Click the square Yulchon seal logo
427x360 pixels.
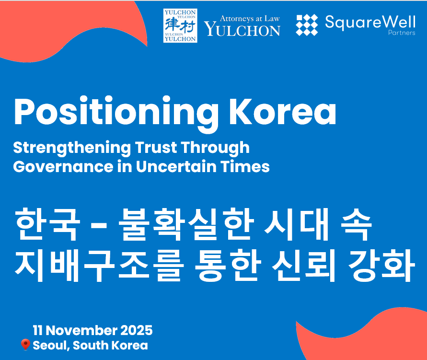tap(180, 25)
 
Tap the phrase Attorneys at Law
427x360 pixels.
tap(250, 19)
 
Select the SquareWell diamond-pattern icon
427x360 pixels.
tap(307, 25)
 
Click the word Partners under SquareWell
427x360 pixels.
tap(402, 33)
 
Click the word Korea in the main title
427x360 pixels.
tap(283, 111)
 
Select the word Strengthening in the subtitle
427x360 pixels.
tap(72, 149)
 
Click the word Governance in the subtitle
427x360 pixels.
tap(63, 167)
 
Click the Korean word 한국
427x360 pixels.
tap(47, 224)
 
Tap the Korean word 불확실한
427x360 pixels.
tap(186, 224)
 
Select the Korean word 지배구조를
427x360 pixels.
tap(98, 265)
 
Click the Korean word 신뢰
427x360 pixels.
tap(304, 265)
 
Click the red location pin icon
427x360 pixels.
tap(25, 345)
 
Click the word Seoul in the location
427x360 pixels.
tap(51, 345)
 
